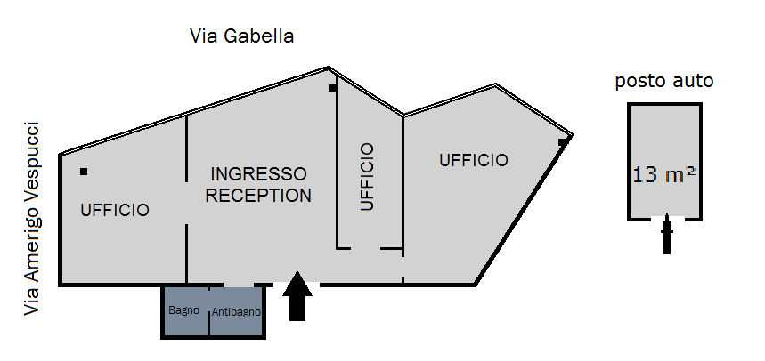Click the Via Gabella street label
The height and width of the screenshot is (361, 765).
pos(241,36)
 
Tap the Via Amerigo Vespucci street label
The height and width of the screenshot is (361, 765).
pos(33,219)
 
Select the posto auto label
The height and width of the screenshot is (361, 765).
pos(664,81)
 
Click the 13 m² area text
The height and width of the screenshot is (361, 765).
pos(664,174)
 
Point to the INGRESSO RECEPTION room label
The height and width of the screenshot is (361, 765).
pos(258,185)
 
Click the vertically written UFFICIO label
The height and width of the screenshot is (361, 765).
pos(367,176)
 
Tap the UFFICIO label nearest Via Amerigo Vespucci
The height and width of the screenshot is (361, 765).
pos(115,210)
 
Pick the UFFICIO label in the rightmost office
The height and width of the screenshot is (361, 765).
pos(474,160)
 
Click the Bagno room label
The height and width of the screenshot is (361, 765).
pos(184,310)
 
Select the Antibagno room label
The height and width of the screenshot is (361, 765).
pos(236,312)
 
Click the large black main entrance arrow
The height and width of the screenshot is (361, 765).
pos(297,296)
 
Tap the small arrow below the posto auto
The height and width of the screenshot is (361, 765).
pos(667,234)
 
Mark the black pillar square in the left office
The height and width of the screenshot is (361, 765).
pos(84,172)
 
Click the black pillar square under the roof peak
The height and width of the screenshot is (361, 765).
pos(332,88)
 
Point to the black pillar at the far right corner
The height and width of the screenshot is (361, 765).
pos(563,142)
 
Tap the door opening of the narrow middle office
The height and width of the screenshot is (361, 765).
pos(365,248)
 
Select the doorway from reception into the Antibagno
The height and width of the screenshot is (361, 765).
pos(239,284)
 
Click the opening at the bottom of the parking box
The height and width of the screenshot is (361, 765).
pos(668,219)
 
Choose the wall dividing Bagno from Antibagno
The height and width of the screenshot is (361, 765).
pos(208,311)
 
